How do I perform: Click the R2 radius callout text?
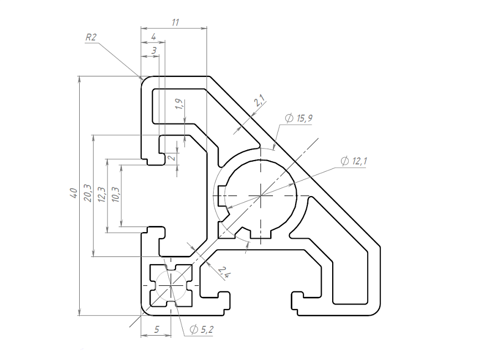[91, 37]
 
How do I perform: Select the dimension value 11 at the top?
[175, 22]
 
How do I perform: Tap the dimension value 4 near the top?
[154, 37]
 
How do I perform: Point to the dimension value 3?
[154, 50]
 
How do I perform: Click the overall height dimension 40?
[74, 193]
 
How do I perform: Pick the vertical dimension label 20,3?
[88, 193]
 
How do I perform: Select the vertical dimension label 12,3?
[102, 195]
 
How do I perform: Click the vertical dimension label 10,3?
[116, 194]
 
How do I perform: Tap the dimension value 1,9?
[180, 104]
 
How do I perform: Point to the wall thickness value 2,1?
[260, 100]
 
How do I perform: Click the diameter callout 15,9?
[299, 118]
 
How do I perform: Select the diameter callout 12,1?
[354, 161]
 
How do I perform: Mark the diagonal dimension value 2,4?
[224, 272]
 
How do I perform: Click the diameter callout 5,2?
[202, 330]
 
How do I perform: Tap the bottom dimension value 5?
[157, 330]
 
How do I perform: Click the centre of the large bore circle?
[261, 196]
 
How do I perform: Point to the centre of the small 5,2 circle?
[171, 285]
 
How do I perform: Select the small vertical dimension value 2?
[173, 158]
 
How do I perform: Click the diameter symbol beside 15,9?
[290, 118]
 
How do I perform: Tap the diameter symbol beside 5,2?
[194, 330]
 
